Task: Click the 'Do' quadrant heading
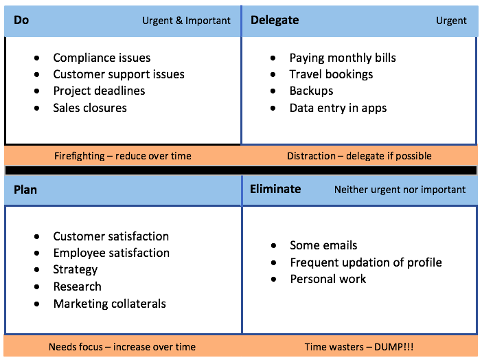[x=21, y=20]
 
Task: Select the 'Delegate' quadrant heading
[x=274, y=20]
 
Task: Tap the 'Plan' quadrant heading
[x=25, y=189]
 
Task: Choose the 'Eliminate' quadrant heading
[x=275, y=189]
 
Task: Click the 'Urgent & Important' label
[x=186, y=21]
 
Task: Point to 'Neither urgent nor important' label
[x=400, y=190]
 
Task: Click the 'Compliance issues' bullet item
[x=102, y=58]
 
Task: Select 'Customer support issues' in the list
[x=119, y=75]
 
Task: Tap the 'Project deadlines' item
[x=99, y=91]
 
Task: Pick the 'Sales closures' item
[x=90, y=108]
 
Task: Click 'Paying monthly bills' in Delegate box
[x=343, y=58]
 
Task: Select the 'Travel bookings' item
[x=331, y=75]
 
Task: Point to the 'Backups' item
[x=311, y=91]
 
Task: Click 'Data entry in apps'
[x=338, y=108]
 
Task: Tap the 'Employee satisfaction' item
[x=111, y=254]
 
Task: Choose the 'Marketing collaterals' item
[x=109, y=304]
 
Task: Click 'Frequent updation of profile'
[x=366, y=262]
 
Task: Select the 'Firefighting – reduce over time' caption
[x=123, y=156]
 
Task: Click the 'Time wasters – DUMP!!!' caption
[x=359, y=347]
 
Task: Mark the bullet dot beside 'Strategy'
[x=37, y=270]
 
